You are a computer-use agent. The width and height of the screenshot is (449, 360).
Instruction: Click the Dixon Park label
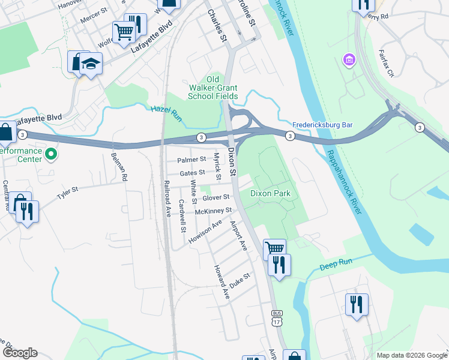(270, 194)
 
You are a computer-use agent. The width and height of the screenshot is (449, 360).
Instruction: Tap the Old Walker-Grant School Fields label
(213, 88)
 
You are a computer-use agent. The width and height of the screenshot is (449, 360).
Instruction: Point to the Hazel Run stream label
(161, 109)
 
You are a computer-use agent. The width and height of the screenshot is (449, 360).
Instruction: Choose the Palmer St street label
(192, 160)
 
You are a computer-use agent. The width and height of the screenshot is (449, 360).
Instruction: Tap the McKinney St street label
(213, 211)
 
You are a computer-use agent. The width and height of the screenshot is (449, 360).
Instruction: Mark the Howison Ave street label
(205, 232)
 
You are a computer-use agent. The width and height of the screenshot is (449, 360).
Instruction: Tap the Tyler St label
(67, 193)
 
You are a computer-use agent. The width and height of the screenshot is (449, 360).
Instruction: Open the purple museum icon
(348, 60)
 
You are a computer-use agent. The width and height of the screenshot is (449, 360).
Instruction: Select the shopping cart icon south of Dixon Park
(274, 248)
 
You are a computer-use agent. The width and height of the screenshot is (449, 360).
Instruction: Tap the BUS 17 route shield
(277, 318)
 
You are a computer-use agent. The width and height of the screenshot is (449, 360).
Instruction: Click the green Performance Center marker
(51, 155)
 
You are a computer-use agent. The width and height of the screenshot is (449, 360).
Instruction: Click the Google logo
(20, 353)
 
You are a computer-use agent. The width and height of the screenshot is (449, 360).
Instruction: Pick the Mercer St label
(93, 18)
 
